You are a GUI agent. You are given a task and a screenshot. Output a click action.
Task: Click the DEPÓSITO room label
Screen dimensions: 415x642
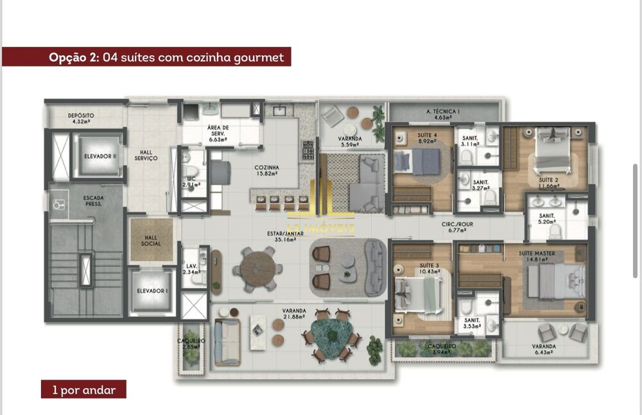tap(81, 117)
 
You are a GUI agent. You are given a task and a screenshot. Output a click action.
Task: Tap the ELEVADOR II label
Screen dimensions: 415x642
tap(100, 155)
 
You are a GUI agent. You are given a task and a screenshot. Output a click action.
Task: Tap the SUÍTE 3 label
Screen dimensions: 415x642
tap(429, 268)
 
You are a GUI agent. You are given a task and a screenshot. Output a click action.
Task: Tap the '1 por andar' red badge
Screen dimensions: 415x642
tap(83, 389)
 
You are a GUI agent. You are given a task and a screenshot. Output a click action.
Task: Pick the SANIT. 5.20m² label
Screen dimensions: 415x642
tap(548, 219)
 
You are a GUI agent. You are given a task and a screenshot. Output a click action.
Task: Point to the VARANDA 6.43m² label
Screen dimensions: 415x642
tap(544, 350)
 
